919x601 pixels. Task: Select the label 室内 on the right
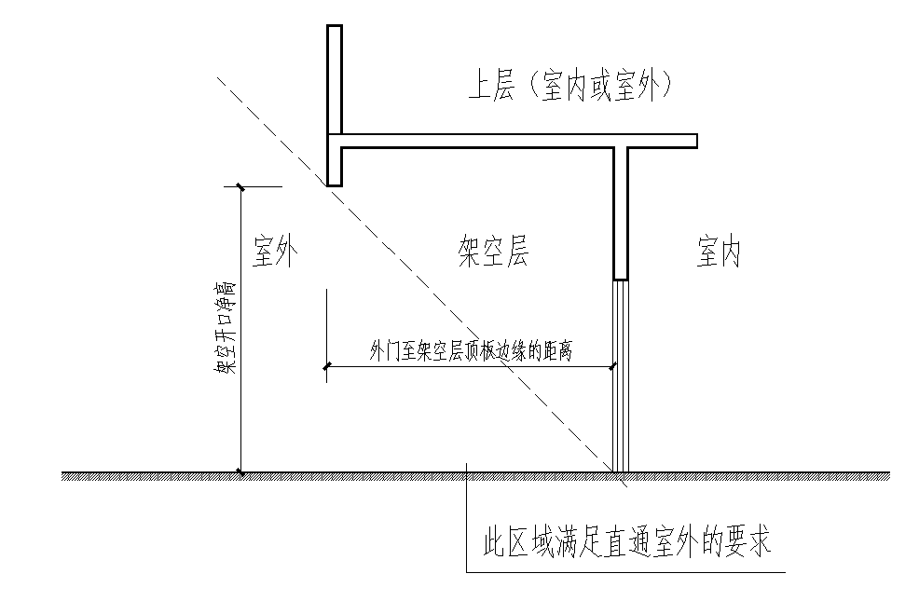(x=719, y=252)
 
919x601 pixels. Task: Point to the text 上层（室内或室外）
(x=570, y=88)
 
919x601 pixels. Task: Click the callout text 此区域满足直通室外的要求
(x=624, y=542)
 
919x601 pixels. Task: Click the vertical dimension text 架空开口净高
(x=224, y=326)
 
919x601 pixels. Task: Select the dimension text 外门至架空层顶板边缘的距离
(x=470, y=351)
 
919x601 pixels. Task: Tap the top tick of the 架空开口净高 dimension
(x=241, y=186)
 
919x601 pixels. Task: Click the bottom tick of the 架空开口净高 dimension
(x=241, y=472)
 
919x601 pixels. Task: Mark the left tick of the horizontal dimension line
(x=326, y=367)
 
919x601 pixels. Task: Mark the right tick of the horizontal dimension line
(x=613, y=367)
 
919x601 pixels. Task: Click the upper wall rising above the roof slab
(x=335, y=79)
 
